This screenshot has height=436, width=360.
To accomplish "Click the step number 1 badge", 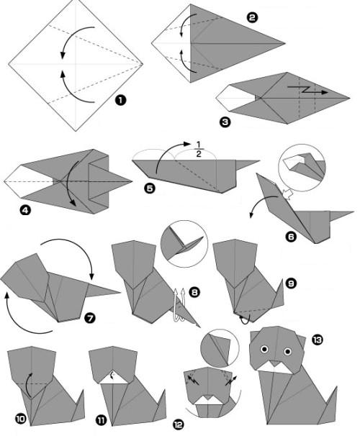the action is coord(120,100).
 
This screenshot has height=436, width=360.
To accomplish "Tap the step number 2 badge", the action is coord(252,18).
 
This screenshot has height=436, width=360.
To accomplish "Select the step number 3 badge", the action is coord(225,122).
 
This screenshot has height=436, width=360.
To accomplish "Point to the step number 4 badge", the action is coord(25,211).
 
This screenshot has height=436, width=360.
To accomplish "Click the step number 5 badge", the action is coord(150,189).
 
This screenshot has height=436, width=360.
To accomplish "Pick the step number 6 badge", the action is coord(291,237).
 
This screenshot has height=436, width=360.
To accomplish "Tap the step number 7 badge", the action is coord(89,318).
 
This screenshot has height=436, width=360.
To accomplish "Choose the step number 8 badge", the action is coord(194,292).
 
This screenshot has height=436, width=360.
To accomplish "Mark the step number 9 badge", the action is coord(291,283).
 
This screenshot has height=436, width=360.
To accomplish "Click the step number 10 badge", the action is coord(20,419).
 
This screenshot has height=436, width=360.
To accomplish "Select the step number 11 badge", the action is coord(102,420).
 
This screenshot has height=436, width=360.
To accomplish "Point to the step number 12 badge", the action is coord(179,424).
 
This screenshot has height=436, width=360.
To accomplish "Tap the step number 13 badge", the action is coord(318,340).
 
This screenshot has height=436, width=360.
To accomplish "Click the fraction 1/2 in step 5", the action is coord(199,150).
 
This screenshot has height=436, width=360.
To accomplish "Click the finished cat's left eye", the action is coord(264,349).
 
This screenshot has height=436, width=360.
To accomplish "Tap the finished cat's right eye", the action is coord(288,352).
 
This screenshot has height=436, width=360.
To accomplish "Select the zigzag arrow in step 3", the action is coord(307,90).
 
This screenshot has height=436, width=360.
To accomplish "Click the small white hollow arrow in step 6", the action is coord(287,194).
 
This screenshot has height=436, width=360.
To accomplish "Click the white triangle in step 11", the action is coord(114,378).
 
